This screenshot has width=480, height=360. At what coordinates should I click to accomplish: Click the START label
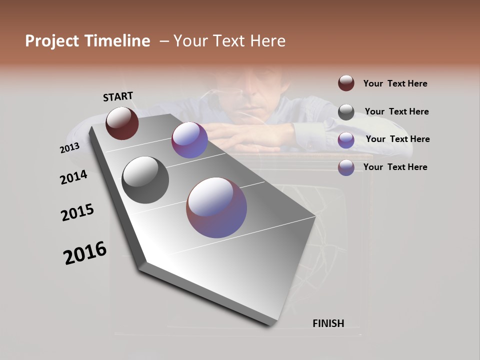click(x=118, y=96)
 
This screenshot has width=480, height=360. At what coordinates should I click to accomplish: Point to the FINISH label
click(x=328, y=323)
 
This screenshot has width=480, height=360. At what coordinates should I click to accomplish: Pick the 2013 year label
click(x=69, y=148)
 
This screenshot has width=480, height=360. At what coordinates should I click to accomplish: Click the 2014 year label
click(x=73, y=177)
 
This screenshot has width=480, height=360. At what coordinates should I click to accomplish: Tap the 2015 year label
click(x=77, y=212)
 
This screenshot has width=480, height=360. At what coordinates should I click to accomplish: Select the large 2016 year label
click(x=85, y=252)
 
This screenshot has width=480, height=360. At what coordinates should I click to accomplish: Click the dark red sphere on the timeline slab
click(x=122, y=123)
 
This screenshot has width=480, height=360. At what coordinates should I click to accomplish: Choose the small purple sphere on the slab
click(x=189, y=140)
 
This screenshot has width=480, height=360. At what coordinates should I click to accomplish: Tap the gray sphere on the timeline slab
click(x=145, y=180)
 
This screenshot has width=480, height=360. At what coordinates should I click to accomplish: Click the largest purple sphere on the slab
click(x=216, y=207)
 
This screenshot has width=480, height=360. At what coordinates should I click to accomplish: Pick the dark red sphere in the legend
click(x=346, y=83)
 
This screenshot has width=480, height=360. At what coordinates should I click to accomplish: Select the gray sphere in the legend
click(x=346, y=111)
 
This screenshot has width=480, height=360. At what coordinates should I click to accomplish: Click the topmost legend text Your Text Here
click(x=395, y=83)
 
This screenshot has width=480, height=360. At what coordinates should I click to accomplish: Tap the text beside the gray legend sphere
click(x=396, y=111)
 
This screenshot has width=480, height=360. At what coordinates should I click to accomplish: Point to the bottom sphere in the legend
click(x=346, y=167)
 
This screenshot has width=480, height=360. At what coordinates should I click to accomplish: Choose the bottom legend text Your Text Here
click(x=395, y=167)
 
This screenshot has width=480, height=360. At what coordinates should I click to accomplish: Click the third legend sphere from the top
click(x=346, y=139)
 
